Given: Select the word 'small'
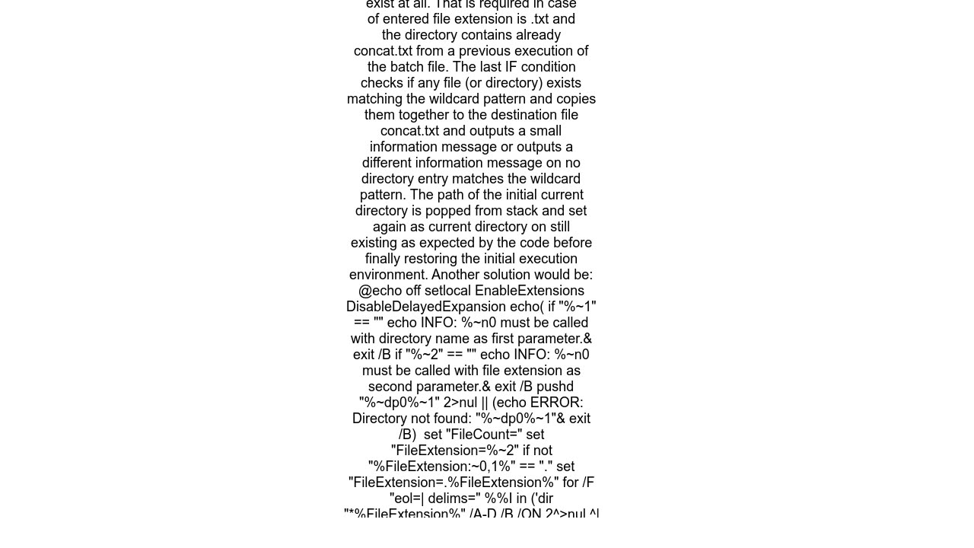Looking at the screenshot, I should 544,131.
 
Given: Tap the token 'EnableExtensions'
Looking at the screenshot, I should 530,291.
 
